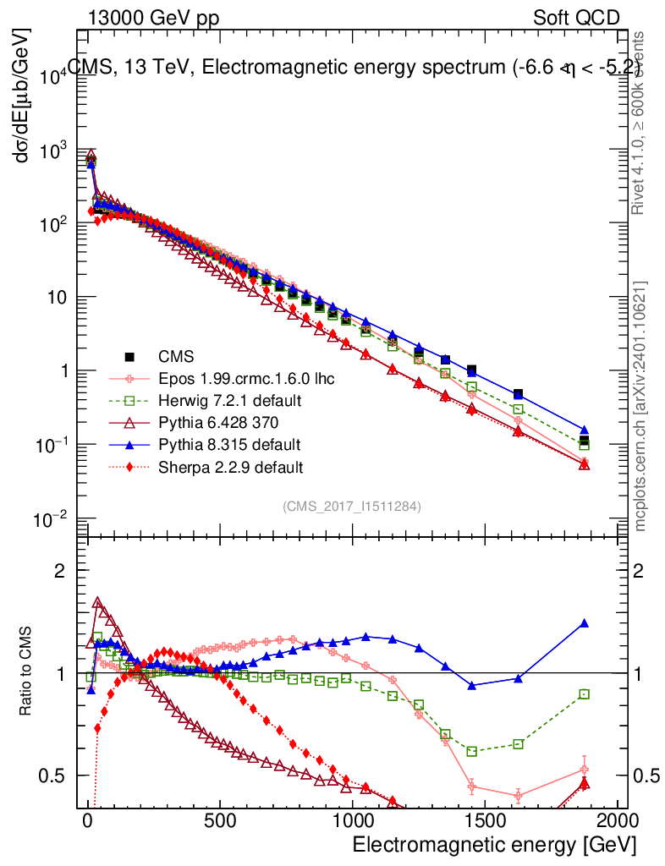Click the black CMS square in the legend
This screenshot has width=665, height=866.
tap(129, 356)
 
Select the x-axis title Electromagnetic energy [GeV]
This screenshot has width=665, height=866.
tap(493, 845)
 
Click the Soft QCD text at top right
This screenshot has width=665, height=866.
tap(575, 18)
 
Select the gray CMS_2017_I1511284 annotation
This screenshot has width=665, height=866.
tap(352, 506)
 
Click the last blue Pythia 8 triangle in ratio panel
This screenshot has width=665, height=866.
tap(584, 623)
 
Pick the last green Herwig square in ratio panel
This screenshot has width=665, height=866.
tap(584, 694)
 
